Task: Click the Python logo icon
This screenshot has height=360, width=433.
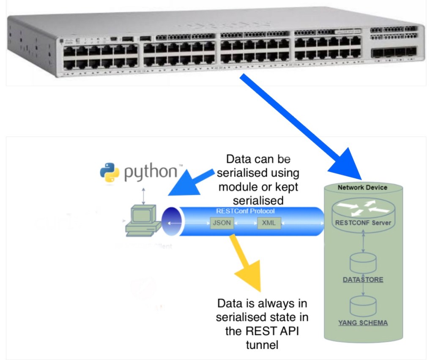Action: tap(109, 172)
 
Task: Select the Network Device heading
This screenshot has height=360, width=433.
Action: tap(362, 187)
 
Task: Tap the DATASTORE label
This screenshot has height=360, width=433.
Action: tap(363, 279)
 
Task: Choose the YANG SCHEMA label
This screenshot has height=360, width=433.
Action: tap(363, 323)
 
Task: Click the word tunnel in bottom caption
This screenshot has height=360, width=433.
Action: tap(262, 345)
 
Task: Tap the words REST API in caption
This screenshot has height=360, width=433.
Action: tap(268, 331)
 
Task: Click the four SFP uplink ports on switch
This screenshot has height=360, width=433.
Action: tap(393, 52)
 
